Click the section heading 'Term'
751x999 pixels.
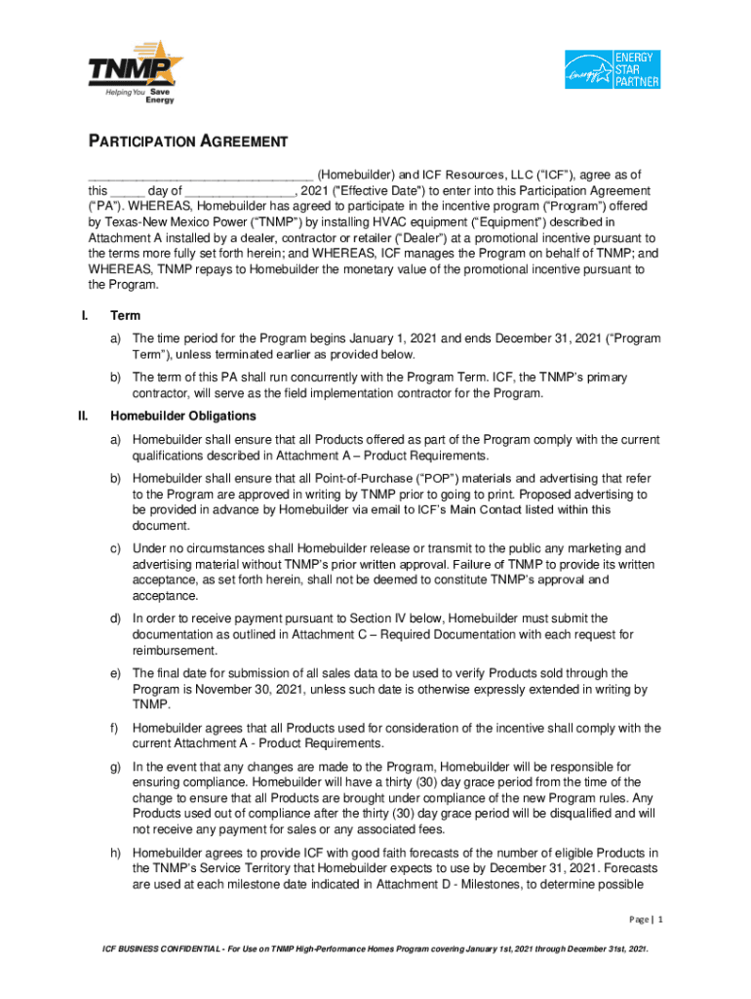pos(126,316)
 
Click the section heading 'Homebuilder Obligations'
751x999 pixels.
pos(170,416)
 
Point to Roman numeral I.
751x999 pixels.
pos(85,316)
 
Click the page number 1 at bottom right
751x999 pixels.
pos(660,920)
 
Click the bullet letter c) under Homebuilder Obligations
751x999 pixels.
pos(115,549)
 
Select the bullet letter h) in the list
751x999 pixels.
pos(115,854)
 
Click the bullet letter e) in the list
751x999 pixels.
pos(115,673)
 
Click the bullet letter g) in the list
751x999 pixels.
pos(115,767)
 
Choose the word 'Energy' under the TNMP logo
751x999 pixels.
pos(160,100)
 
